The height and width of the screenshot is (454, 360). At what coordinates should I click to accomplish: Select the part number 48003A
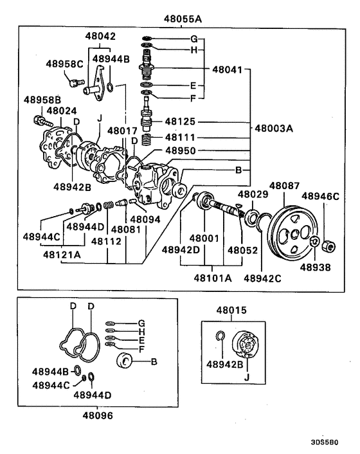point(274,128)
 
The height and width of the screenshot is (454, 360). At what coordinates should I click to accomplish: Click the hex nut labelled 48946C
point(327,244)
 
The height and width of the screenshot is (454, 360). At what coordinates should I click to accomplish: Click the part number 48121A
point(62,255)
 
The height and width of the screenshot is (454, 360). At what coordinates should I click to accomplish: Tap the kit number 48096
point(98,415)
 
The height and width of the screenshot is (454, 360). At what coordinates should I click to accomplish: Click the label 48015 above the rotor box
point(232,311)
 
